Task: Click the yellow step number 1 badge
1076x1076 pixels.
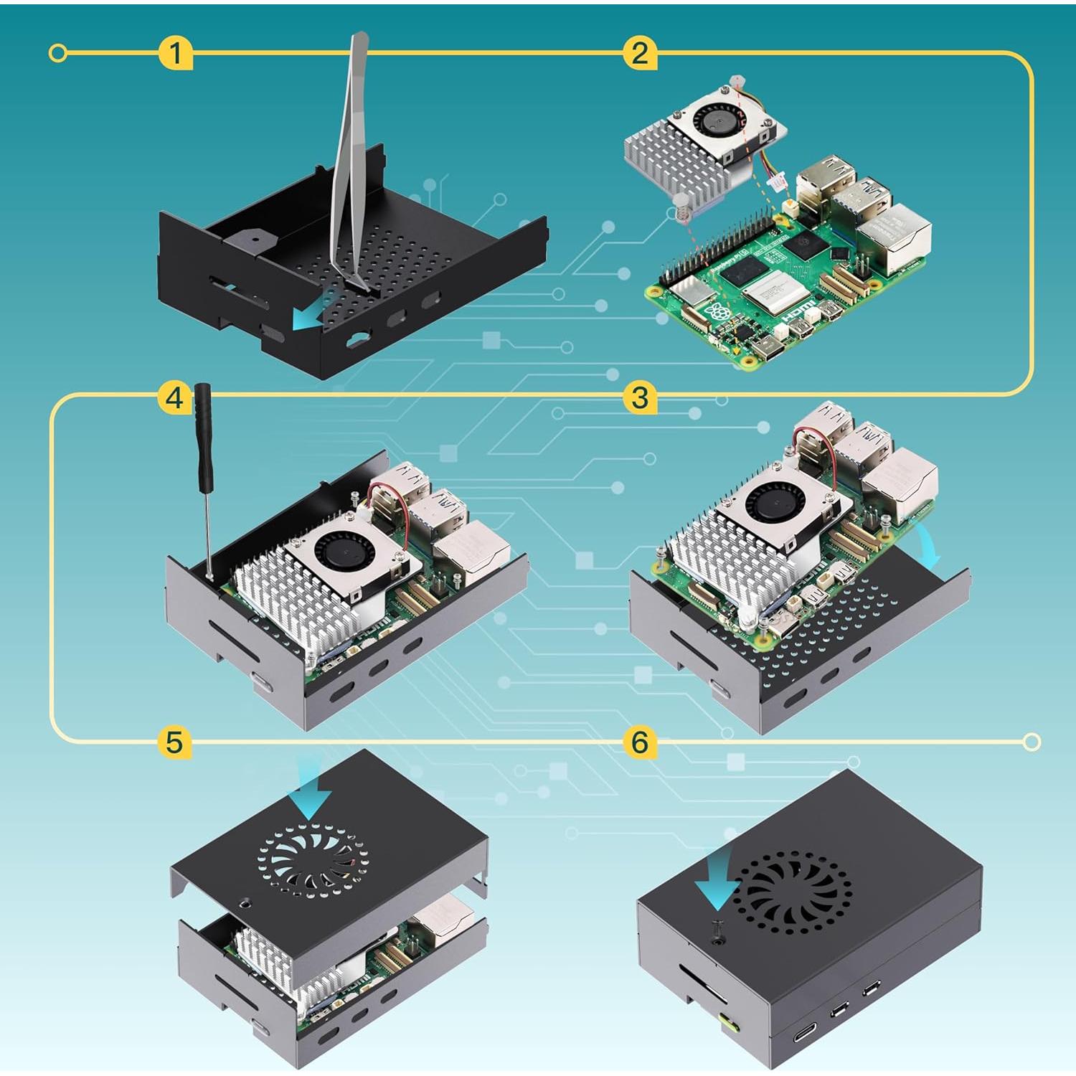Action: click(175, 53)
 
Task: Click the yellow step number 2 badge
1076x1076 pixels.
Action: click(640, 53)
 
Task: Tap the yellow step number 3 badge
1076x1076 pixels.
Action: click(640, 397)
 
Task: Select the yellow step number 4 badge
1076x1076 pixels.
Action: click(174, 397)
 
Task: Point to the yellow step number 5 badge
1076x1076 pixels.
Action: click(174, 742)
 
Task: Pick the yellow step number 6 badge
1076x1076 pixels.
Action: click(640, 742)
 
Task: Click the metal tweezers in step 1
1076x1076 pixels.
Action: click(349, 158)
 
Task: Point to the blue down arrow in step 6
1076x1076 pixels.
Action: click(719, 878)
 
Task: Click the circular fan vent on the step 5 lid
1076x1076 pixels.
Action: click(313, 861)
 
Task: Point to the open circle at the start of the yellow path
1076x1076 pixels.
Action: click(59, 53)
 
